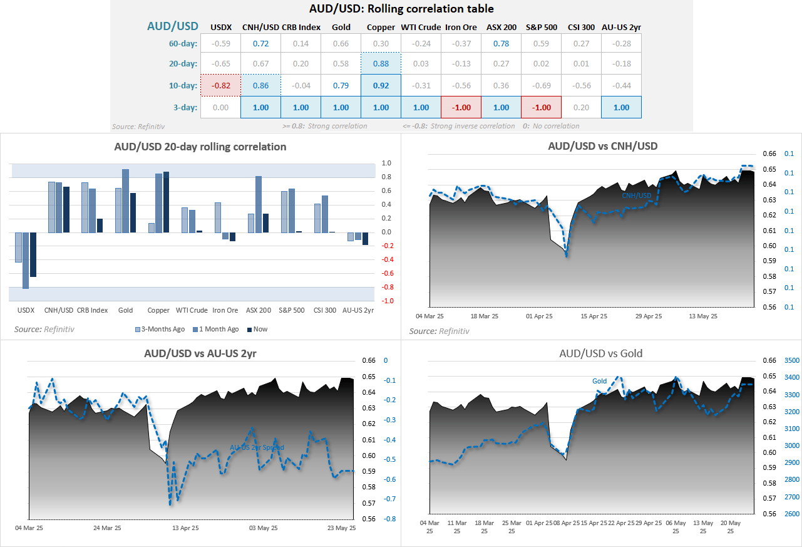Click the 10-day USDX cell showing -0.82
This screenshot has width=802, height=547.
point(220,85)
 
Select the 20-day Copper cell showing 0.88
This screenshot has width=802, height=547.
point(381,63)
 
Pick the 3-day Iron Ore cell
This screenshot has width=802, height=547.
point(461,107)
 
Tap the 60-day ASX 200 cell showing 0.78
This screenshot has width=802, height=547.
point(501,43)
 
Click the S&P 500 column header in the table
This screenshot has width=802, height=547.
point(541,27)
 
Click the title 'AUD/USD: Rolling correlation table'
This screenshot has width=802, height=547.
point(401,9)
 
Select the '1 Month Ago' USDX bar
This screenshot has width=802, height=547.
point(26,260)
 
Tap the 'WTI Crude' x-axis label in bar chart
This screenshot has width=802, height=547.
point(192,310)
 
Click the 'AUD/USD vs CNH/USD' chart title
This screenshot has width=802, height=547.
point(603,146)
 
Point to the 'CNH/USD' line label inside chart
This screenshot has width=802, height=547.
point(636,195)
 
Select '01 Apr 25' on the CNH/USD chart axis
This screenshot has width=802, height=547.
point(539,316)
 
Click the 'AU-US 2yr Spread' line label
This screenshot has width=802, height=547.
point(257,447)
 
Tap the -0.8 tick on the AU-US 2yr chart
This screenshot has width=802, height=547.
point(389,519)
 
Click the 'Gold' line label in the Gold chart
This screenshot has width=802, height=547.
point(599,381)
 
